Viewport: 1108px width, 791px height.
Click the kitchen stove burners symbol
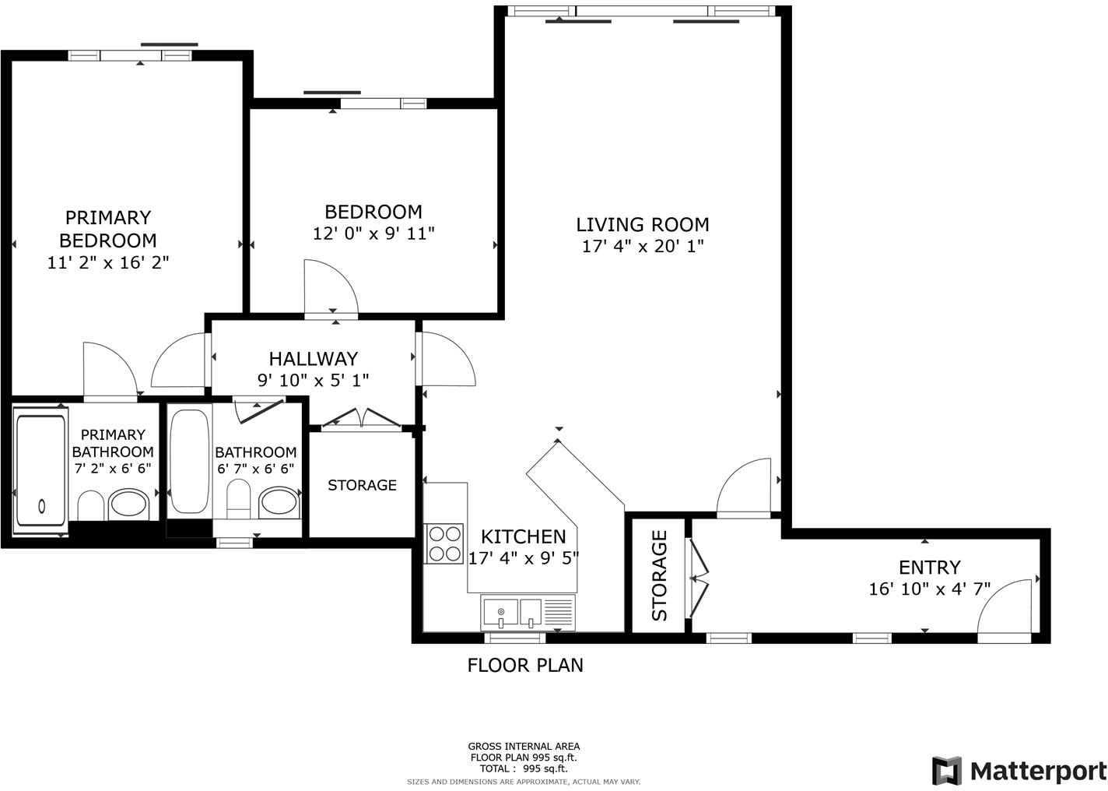tap(444, 543)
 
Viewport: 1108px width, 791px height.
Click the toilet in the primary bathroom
tap(91, 506)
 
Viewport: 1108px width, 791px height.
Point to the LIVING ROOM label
tap(643, 224)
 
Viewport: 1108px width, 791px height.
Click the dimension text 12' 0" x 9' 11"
tap(373, 233)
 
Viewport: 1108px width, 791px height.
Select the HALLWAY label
tap(313, 358)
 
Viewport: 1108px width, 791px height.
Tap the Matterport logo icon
tap(946, 770)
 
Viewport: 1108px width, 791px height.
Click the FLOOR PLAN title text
tap(524, 665)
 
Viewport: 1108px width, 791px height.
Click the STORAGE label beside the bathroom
tap(362, 485)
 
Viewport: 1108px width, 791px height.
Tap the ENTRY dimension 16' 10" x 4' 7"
tap(929, 589)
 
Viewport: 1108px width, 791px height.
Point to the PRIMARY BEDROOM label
tap(107, 228)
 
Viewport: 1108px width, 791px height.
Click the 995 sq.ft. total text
tap(523, 768)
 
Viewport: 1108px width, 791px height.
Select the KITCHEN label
tap(523, 536)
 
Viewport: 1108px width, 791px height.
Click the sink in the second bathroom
tap(279, 502)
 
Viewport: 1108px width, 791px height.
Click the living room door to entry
tap(745, 489)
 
